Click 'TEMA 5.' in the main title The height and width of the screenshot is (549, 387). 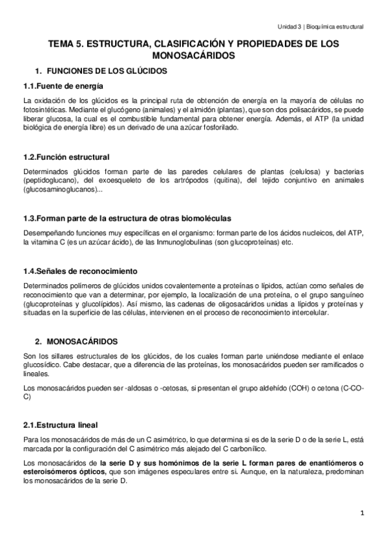pyautogui.click(x=67, y=44)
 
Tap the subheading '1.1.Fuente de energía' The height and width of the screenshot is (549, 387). pyautogui.click(x=62, y=86)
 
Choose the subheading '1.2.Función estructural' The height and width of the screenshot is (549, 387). pyautogui.click(x=66, y=157)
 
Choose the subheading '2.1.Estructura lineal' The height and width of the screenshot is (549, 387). pyautogui.click(x=60, y=425)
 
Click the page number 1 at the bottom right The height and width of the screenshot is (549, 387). pyautogui.click(x=362, y=513)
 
